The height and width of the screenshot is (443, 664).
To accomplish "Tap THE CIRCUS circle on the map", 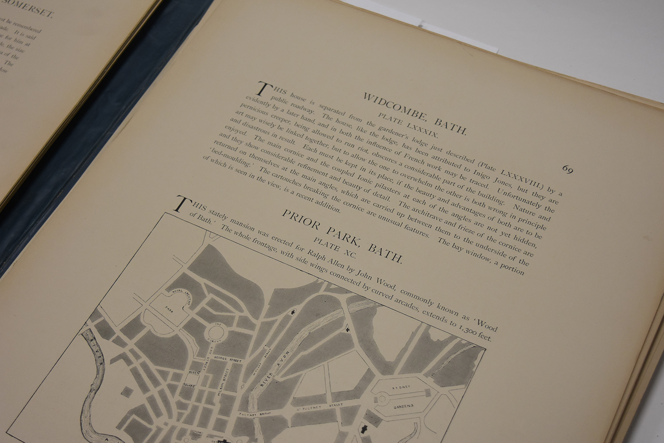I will point(217,334).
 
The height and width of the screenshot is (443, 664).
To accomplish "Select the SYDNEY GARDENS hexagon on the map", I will point(401,396).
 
